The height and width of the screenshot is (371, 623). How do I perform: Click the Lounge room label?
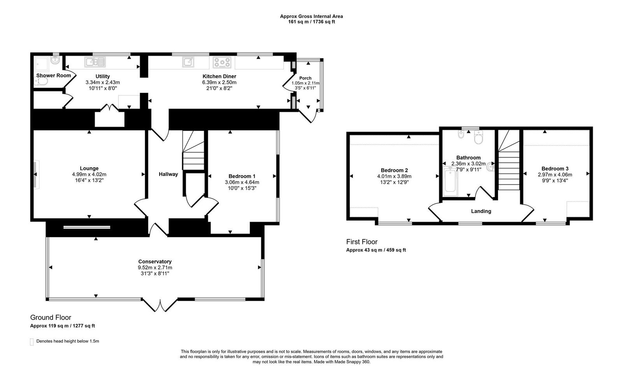(89, 168)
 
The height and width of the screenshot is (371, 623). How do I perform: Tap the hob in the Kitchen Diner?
(222, 62)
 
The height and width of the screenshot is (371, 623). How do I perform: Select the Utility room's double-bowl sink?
(95, 62)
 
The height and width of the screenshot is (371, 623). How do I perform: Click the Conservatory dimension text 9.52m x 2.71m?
(155, 267)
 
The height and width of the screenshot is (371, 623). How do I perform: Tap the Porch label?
(305, 78)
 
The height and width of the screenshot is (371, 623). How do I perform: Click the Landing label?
(481, 211)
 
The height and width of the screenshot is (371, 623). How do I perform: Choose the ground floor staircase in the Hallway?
(194, 150)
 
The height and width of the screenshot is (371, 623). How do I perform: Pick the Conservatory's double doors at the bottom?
(160, 304)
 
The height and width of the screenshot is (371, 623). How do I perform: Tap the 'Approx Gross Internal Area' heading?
(311, 16)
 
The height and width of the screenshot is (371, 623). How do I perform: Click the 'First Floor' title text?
(362, 242)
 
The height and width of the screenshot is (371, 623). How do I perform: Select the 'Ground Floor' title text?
(51, 318)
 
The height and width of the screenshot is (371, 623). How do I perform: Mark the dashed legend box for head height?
(32, 342)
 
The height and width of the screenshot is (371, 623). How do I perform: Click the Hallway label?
(168, 174)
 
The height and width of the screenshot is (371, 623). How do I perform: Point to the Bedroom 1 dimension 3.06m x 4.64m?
(242, 182)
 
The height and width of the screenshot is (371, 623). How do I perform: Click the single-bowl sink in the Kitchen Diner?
(189, 62)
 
